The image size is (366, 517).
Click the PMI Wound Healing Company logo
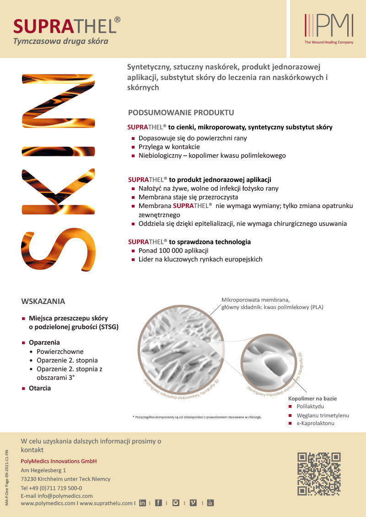(329, 28)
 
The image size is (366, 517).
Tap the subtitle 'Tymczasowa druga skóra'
(60, 42)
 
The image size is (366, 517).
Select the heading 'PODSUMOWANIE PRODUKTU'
(181, 112)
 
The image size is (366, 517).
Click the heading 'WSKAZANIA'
(43, 302)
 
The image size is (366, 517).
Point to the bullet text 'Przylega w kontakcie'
(169, 147)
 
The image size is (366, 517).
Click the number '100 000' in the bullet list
(172, 251)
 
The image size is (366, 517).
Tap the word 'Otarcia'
(40, 388)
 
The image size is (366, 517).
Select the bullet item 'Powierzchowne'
(60, 352)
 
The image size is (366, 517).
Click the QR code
(319, 474)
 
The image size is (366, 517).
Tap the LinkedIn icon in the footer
(142, 503)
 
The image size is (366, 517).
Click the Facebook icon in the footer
(159, 503)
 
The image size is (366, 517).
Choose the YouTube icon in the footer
(210, 503)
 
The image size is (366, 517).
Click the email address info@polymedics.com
(65, 496)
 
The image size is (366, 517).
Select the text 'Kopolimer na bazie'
(312, 399)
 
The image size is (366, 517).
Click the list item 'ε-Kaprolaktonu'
(315, 423)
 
